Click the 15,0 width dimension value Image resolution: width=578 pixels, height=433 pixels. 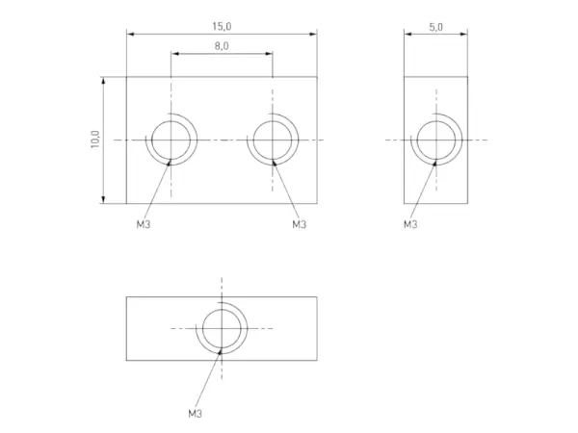pyautogui.click(x=222, y=27)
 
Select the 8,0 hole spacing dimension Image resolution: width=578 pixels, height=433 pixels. pyautogui.click(x=222, y=45)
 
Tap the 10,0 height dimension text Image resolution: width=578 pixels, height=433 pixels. pyautogui.click(x=94, y=140)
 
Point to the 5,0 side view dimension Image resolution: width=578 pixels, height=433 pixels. pyautogui.click(x=435, y=27)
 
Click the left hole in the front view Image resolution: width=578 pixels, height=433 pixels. pyautogui.click(x=171, y=140)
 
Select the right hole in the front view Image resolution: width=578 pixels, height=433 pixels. pyautogui.click(x=273, y=140)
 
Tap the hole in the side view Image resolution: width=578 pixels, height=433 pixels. pyautogui.click(x=435, y=140)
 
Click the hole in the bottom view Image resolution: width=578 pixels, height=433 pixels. pyautogui.click(x=222, y=328)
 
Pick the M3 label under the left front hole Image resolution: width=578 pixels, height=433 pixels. pyautogui.click(x=144, y=224)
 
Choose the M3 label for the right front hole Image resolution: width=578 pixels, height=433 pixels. pyautogui.click(x=299, y=224)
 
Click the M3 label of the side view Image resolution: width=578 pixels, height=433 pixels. pyautogui.click(x=410, y=224)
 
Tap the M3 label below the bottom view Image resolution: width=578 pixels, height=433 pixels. pyautogui.click(x=195, y=413)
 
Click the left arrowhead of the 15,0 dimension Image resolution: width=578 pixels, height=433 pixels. pyautogui.click(x=130, y=35)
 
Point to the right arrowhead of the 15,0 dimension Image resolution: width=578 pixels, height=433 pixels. pyautogui.click(x=313, y=35)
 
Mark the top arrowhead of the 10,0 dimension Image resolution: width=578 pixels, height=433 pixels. pyautogui.click(x=103, y=81)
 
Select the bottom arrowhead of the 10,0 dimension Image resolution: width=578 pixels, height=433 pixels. pyautogui.click(x=103, y=200)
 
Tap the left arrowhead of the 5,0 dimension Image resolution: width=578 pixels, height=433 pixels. pyautogui.click(x=407, y=35)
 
